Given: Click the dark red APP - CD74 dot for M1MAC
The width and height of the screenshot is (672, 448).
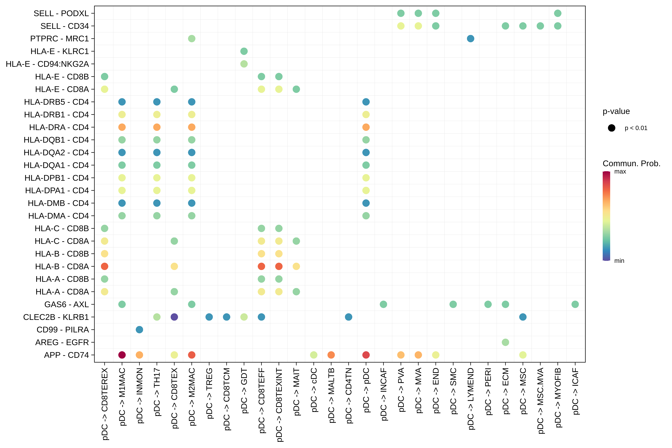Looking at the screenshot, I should point(122,355).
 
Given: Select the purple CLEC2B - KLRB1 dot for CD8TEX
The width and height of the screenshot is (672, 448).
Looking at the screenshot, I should point(174,317).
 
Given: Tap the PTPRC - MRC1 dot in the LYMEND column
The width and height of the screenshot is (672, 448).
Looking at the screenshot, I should point(471,39).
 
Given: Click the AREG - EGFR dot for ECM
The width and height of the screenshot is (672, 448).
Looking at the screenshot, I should point(505,342).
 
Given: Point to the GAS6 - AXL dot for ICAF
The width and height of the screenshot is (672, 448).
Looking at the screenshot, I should point(575,304).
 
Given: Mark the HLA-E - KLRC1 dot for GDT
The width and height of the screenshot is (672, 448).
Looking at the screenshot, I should point(244,51).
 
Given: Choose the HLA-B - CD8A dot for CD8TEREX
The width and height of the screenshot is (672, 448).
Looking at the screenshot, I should point(105,266).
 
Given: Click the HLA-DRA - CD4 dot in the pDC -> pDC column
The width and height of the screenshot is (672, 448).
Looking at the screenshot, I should point(366,127).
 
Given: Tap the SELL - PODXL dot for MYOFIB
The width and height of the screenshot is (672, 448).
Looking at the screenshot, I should point(558,13).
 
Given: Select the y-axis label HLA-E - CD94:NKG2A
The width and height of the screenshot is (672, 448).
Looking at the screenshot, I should point(47,64).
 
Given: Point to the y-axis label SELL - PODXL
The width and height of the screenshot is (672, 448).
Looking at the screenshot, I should point(61,13).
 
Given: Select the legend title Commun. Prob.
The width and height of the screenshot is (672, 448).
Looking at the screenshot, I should point(631,163).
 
